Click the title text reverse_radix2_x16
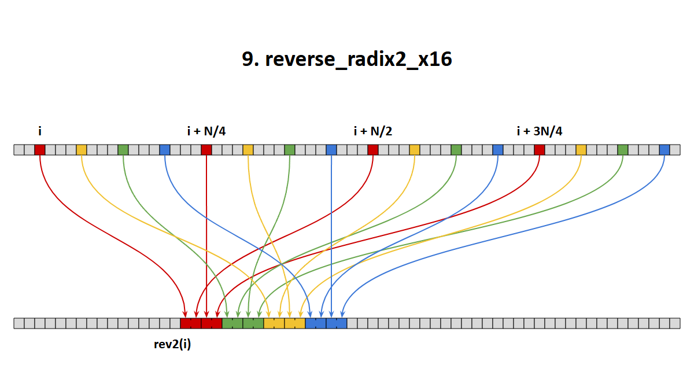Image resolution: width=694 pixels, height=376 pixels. [x=359, y=59]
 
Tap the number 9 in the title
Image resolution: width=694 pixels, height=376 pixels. [x=248, y=59]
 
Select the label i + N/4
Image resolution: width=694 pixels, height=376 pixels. [x=206, y=131]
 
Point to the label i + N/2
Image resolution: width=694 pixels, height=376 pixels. [x=373, y=131]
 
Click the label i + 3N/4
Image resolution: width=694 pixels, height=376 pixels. [x=540, y=131]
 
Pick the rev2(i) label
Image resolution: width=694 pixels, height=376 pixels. [x=172, y=344]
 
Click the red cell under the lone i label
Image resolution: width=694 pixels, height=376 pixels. [x=40, y=150]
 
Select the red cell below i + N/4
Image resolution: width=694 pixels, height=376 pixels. [x=206, y=150]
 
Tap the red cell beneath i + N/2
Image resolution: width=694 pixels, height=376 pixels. [x=373, y=150]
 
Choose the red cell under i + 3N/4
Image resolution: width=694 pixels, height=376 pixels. [x=540, y=150]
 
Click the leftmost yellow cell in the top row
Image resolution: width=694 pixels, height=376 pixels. [x=82, y=150]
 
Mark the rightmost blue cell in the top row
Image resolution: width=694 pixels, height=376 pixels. [x=665, y=150]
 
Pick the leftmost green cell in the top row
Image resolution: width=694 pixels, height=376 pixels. [x=123, y=150]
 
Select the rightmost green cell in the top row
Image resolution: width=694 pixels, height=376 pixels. [x=623, y=150]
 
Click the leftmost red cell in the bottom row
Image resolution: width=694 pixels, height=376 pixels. [x=186, y=323]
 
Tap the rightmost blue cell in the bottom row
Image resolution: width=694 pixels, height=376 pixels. [x=342, y=323]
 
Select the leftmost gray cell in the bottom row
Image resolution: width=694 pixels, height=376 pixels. [x=19, y=323]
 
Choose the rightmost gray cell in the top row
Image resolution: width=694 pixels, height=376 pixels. [x=675, y=150]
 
